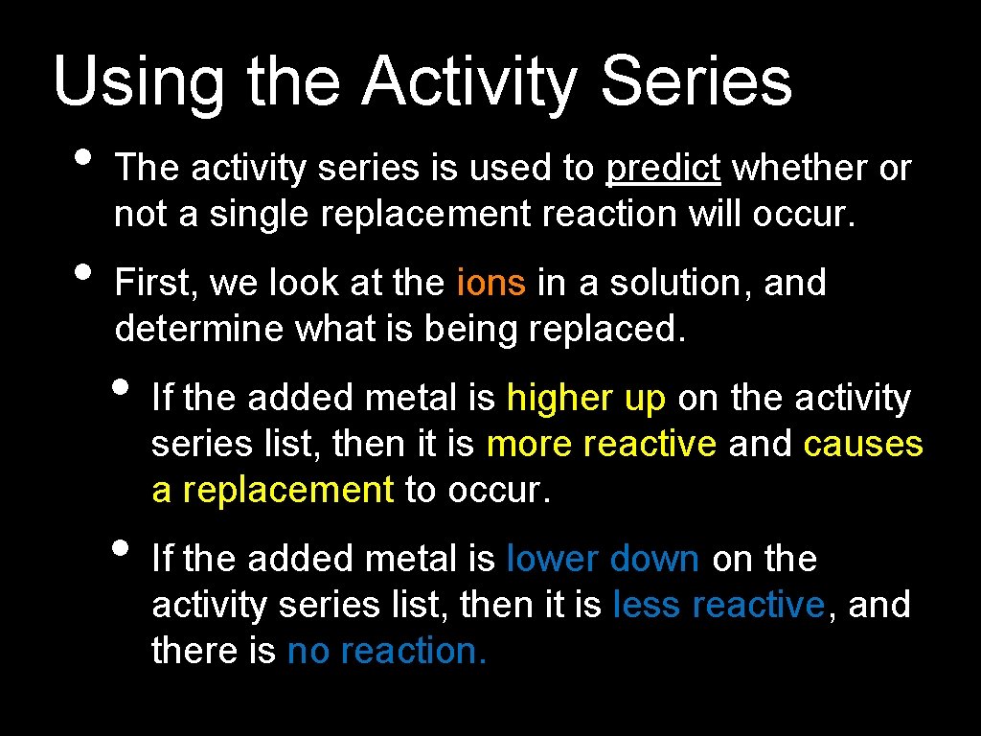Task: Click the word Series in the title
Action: pos(696,81)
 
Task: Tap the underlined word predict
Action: pos(663,169)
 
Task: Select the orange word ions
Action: pos(491,283)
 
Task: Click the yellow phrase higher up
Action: pos(585,398)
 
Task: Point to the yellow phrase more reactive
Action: pos(601,444)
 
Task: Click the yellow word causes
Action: pos(862,444)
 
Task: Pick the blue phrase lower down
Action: pos(603,559)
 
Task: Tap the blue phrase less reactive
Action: pos(718,605)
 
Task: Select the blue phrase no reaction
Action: pos(387,651)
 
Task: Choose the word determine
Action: pos(199,329)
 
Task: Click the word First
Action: pos(154,283)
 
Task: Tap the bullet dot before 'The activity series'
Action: pos(82,158)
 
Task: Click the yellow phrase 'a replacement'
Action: pos(272,490)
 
